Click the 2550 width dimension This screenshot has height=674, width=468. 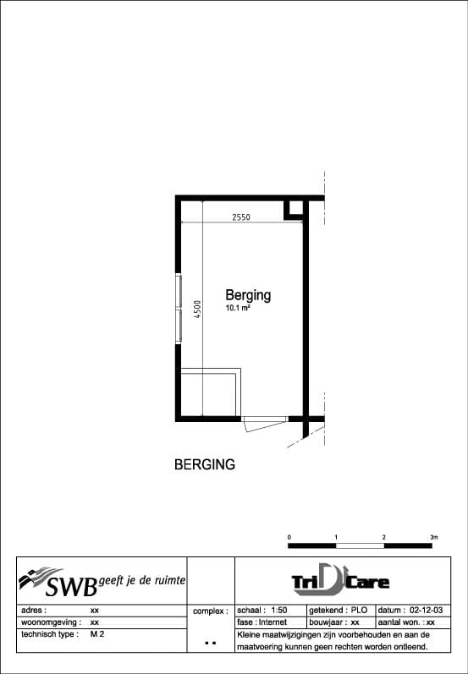pyautogui.click(x=241, y=216)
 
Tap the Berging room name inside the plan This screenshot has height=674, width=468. pyautogui.click(x=248, y=295)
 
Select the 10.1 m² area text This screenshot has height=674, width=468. pyautogui.click(x=237, y=310)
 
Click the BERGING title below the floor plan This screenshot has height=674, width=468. pyautogui.click(x=204, y=464)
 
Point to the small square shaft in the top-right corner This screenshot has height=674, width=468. pyautogui.click(x=295, y=208)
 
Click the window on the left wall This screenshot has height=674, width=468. pyautogui.click(x=178, y=308)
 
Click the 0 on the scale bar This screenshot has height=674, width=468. pyautogui.click(x=289, y=537)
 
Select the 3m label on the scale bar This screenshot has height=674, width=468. pyautogui.click(x=433, y=537)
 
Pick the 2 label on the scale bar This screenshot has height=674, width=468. pyautogui.click(x=384, y=537)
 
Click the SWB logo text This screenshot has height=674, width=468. pyautogui.click(x=71, y=584)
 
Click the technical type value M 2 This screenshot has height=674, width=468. pyautogui.click(x=97, y=633)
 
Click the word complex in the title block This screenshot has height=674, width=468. pyautogui.click(x=210, y=610)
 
